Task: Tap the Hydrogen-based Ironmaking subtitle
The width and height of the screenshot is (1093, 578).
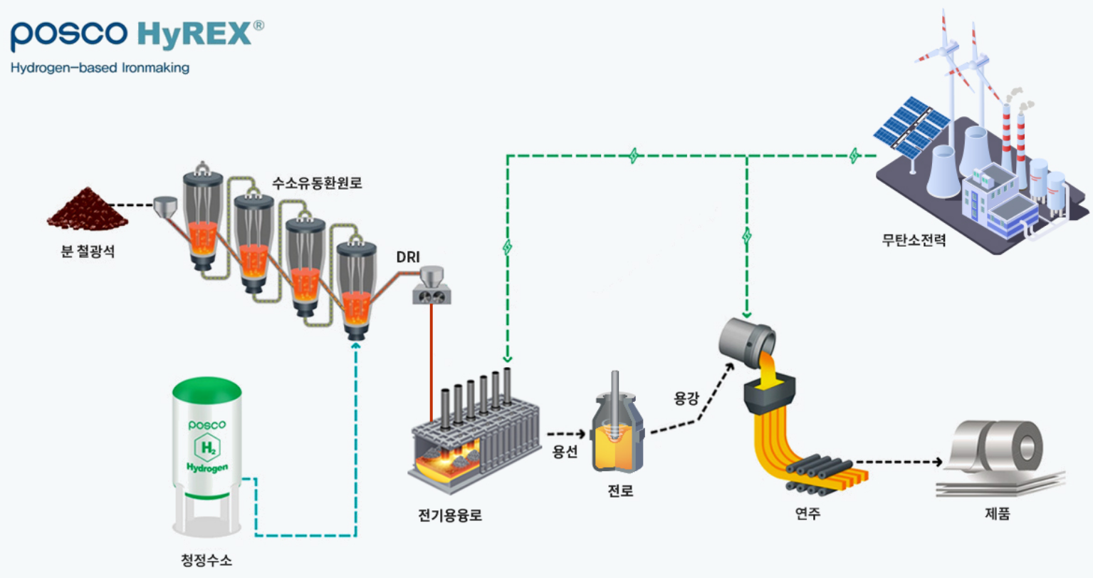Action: [x=100, y=68]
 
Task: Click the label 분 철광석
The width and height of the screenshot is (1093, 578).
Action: [x=88, y=252]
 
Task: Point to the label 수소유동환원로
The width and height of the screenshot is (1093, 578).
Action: [x=317, y=183]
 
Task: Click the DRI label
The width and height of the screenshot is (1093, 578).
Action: [x=408, y=257]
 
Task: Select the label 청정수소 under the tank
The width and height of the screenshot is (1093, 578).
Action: [x=206, y=560]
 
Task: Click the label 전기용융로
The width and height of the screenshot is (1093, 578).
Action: [x=450, y=515]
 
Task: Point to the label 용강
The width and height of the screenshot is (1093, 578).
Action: [x=686, y=398]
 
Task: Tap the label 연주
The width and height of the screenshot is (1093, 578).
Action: [x=807, y=512]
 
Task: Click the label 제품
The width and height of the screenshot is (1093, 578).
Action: [x=997, y=514]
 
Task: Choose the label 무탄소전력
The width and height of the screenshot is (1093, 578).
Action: [x=914, y=240]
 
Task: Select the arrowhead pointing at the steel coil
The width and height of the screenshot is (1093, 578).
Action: [x=938, y=462]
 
